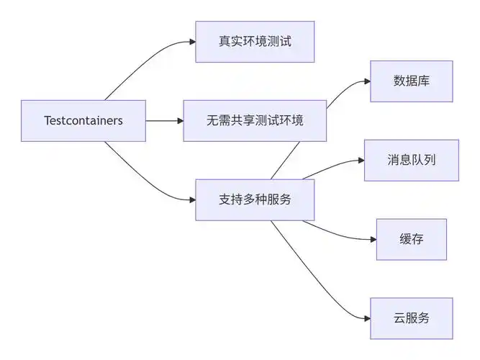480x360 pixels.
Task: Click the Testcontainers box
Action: tap(83, 120)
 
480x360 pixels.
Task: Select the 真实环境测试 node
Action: tap(255, 41)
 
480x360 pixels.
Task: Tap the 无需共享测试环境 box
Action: tap(255, 120)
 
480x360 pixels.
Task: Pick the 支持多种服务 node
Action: tap(255, 199)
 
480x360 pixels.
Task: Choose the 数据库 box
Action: tap(411, 81)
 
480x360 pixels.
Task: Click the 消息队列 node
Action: tap(411, 160)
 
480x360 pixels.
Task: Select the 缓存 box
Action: tap(411, 239)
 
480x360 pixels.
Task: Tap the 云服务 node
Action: tap(411, 318)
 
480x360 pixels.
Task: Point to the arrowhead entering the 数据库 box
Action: tap(366, 81)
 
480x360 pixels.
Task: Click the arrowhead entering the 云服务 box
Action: tap(366, 318)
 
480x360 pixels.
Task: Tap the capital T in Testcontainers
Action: tap(47, 120)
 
